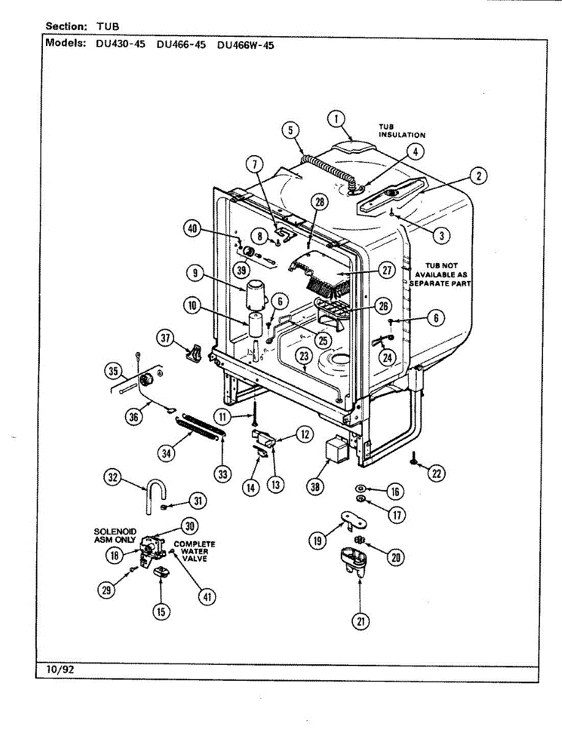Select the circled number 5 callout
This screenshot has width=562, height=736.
291,130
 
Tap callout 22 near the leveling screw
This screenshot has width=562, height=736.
436,473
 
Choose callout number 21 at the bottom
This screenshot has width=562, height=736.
360,621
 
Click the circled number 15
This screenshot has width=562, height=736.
161,611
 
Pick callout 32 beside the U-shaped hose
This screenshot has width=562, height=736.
112,478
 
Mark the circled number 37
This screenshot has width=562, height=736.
165,337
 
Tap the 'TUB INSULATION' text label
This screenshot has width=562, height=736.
401,131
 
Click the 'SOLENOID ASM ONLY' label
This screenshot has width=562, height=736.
115,535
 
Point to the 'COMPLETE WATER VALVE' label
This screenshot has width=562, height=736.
194,551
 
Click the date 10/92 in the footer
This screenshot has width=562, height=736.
60,670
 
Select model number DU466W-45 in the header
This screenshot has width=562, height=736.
245,45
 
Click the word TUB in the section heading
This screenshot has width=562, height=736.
107,26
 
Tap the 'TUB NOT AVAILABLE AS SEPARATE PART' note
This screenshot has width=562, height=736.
442,275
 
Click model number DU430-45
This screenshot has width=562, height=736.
120,45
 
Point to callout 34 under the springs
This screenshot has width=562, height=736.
165,453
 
